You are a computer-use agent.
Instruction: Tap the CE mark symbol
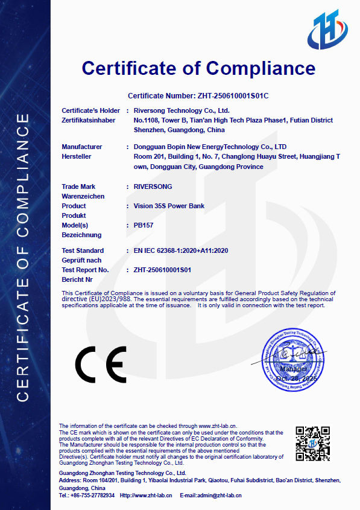pyautogui.click(x=100, y=365)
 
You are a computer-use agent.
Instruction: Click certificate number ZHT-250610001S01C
pyautogui.click(x=233, y=96)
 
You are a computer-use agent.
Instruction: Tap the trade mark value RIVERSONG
pyautogui.click(x=153, y=186)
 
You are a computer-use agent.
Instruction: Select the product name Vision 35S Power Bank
pyautogui.click(x=169, y=206)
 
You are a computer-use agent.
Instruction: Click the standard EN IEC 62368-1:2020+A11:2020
pyautogui.click(x=181, y=250)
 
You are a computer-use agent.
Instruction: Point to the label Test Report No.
pyautogui.click(x=85, y=270)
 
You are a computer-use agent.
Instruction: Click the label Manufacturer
pyautogui.click(x=82, y=147)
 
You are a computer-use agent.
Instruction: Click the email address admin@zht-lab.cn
pyautogui.click(x=221, y=495)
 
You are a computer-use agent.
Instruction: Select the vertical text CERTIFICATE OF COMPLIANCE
pyautogui.click(x=22, y=257)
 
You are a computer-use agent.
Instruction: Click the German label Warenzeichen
pyautogui.click(x=83, y=196)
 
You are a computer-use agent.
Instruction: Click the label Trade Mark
pyautogui.click(x=78, y=186)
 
